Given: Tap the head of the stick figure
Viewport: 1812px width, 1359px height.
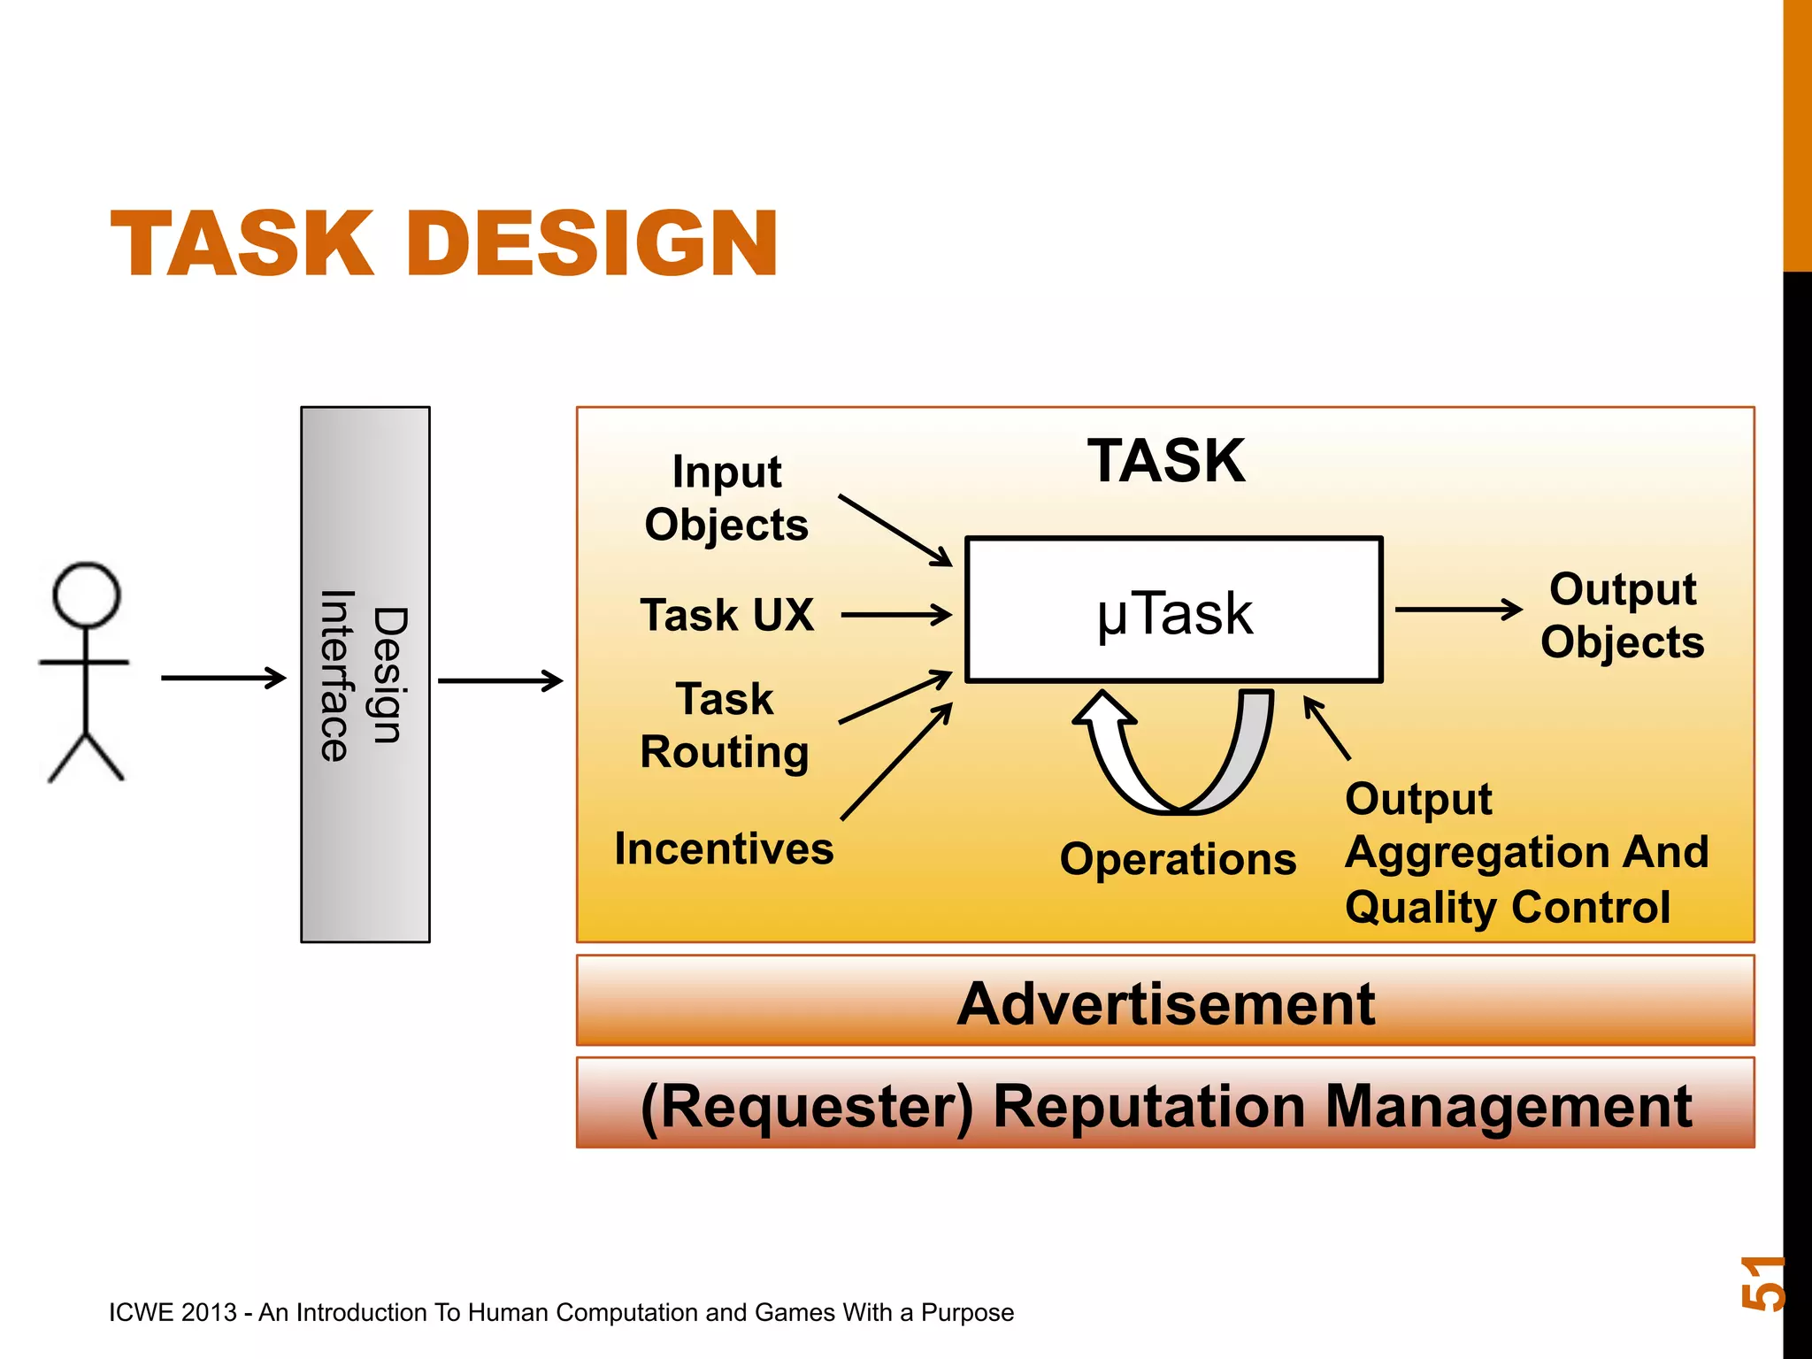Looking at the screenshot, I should (86, 595).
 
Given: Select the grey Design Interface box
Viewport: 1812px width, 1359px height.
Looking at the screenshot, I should (365, 674).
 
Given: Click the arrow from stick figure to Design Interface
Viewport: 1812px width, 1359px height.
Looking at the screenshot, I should (223, 679).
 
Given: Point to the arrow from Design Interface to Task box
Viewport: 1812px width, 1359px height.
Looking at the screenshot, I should (500, 680).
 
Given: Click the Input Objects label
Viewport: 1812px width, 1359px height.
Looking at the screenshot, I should (726, 498).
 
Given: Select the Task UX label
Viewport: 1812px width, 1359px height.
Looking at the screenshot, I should (726, 615).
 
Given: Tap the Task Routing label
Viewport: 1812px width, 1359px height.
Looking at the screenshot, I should (725, 726).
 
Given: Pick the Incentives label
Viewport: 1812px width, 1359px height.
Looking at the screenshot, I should (724, 848).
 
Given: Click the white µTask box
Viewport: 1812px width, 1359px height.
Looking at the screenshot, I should (1173, 610).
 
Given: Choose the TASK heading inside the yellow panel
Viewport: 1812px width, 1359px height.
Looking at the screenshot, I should (1166, 461).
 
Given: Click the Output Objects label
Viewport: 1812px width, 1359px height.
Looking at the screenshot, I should (1622, 616).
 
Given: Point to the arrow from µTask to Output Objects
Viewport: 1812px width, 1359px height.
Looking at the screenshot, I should (1458, 609).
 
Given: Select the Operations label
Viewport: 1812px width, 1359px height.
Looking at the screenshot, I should (1178, 859).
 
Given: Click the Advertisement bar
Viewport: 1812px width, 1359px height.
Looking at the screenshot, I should (1164, 1003).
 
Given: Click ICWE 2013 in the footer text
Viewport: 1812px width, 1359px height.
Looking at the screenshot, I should (173, 1312).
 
